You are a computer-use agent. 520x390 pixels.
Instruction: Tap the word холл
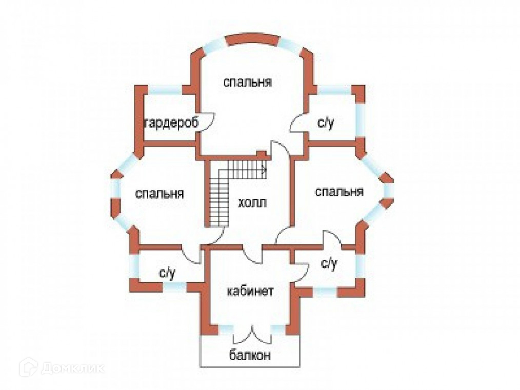pyautogui.click(x=252, y=202)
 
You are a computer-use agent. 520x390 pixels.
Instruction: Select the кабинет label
pyautogui.click(x=250, y=291)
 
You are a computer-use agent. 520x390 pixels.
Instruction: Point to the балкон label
pyautogui.click(x=250, y=355)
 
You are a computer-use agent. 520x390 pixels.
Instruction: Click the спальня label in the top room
pyautogui.click(x=247, y=82)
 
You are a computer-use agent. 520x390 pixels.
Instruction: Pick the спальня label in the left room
pyautogui.click(x=159, y=194)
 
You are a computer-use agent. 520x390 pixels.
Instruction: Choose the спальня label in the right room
pyautogui.click(x=339, y=192)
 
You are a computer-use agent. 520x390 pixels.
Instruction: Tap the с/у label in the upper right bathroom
pyautogui.click(x=325, y=122)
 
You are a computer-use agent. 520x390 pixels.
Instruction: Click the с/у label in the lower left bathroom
pyautogui.click(x=167, y=273)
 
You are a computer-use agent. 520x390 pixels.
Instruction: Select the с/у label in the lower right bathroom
pyautogui.click(x=329, y=264)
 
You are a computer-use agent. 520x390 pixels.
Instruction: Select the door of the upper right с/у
pyautogui.click(x=298, y=125)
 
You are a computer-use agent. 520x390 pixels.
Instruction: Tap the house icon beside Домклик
pyautogui.click(x=29, y=367)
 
